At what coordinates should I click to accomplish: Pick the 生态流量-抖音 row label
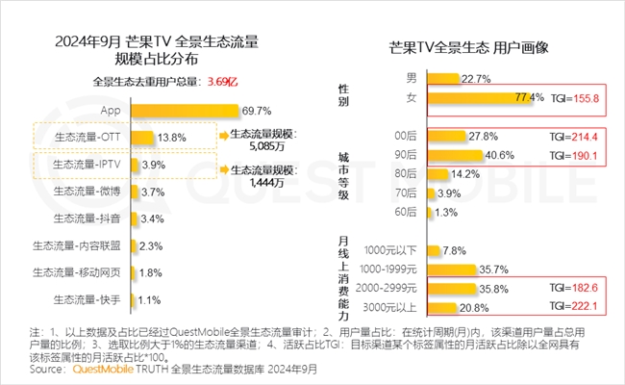pos(94,218)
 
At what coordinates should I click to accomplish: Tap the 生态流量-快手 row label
pos(94,299)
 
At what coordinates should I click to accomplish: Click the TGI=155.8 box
pos(572,97)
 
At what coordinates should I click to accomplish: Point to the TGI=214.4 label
pos(572,137)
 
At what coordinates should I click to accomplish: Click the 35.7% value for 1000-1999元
pos(494,269)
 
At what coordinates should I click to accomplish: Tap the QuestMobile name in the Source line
pos(87,369)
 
